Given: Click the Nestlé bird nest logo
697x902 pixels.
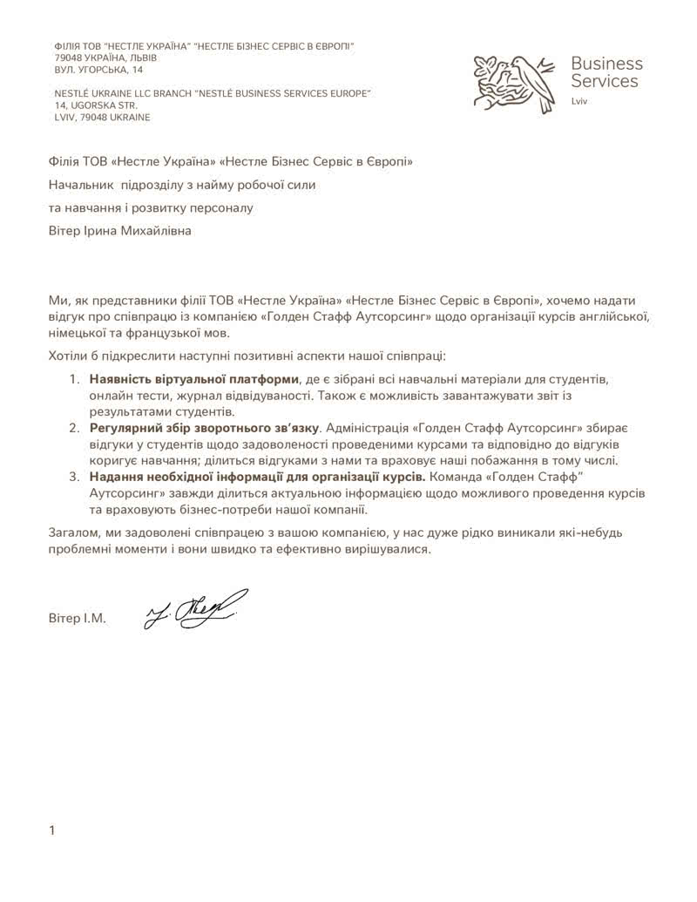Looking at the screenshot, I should pyautogui.click(x=514, y=83).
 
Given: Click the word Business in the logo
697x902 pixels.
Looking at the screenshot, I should pyautogui.click(x=606, y=64).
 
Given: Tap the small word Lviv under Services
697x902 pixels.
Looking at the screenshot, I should pyautogui.click(x=580, y=102).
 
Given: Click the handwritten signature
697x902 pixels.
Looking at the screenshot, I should pyautogui.click(x=196, y=608).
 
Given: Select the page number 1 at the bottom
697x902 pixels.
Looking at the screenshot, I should pyautogui.click(x=52, y=831).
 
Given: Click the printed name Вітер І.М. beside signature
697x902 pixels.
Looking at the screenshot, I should pyautogui.click(x=78, y=619).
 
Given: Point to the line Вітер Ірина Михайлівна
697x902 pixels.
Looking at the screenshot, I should pyautogui.click(x=119, y=231).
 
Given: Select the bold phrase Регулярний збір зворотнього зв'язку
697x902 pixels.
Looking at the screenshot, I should pyautogui.click(x=205, y=428).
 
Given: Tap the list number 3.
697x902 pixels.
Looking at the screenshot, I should pyautogui.click(x=73, y=477).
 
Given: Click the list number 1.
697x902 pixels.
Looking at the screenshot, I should pyautogui.click(x=73, y=380).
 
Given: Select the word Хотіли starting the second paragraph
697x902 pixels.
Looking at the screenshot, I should pyautogui.click(x=70, y=356).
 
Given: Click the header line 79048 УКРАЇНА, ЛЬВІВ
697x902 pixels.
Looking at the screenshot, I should pyautogui.click(x=105, y=57).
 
